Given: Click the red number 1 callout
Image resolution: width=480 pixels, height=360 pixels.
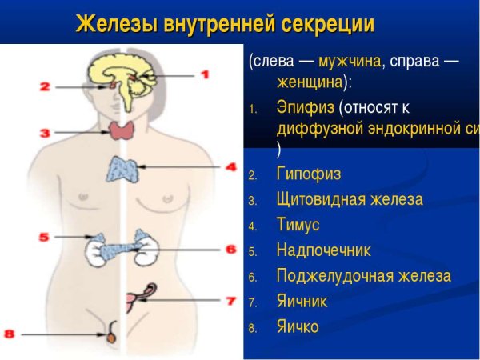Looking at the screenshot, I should pos(204,74).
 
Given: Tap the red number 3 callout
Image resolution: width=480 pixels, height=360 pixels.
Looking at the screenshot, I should pos(46,132).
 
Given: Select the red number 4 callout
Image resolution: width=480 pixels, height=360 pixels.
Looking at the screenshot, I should pos(231,167).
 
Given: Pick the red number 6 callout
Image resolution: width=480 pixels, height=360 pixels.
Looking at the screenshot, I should pos(230,250).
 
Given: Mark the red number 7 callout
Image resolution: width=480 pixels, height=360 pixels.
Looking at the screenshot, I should pos(230,302).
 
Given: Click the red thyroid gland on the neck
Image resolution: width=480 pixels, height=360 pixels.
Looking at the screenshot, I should pos(122,131).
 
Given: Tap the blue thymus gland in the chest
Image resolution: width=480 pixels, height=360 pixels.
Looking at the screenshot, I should pos(122,169).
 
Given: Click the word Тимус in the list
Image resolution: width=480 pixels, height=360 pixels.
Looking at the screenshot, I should pos(298,225).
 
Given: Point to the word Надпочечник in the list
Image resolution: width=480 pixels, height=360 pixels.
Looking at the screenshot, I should pos(323,250).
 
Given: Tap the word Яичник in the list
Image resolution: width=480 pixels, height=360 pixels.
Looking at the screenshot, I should pos(302,301).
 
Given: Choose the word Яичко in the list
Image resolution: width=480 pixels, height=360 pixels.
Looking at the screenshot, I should pos(298,326).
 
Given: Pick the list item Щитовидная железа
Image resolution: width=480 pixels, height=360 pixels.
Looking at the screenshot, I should pos(349,199).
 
